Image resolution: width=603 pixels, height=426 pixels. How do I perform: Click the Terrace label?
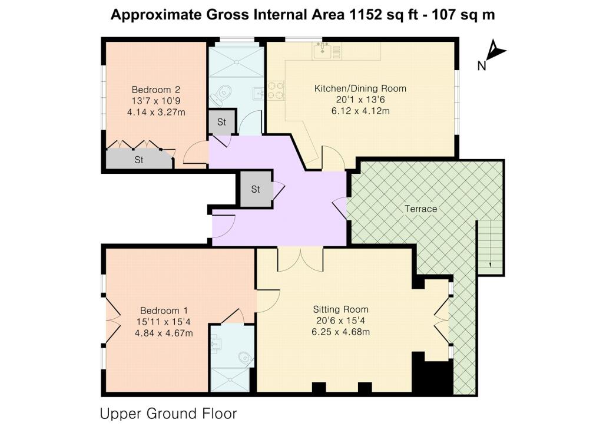(420, 209)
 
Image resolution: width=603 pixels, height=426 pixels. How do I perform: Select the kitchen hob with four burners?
(276, 90)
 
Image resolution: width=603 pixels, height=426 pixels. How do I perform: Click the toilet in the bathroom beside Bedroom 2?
(222, 94)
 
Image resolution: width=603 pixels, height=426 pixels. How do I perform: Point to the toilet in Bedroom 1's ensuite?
(245, 358)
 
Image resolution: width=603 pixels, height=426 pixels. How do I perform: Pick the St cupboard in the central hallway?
(256, 189)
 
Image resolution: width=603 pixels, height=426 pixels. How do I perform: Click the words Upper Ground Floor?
(168, 414)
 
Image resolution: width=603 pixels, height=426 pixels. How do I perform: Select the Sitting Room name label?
(341, 309)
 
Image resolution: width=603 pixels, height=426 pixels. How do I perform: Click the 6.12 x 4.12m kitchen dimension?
(360, 111)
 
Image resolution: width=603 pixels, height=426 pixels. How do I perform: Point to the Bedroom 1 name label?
(164, 311)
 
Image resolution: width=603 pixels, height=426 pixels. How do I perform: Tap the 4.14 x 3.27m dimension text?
(156, 112)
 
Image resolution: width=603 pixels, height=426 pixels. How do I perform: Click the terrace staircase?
(490, 244)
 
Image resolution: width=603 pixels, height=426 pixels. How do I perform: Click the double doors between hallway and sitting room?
(300, 260)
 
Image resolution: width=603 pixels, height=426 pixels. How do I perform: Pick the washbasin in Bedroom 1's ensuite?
(217, 344)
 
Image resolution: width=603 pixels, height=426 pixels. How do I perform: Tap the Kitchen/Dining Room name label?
(360, 88)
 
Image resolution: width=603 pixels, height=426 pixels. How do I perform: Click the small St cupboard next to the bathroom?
(221, 122)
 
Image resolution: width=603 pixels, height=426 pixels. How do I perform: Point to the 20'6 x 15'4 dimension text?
(340, 321)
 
